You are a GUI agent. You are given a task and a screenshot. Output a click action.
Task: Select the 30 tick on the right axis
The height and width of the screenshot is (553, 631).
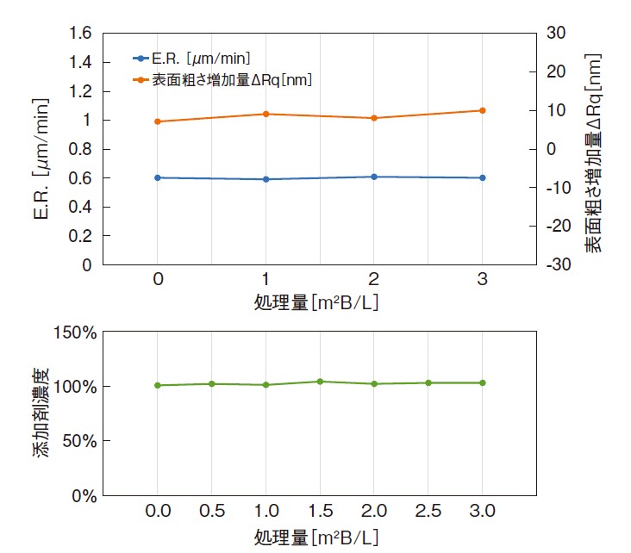pos(556,33)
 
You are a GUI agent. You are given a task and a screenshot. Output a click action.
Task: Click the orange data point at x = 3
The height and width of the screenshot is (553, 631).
pos(482,110)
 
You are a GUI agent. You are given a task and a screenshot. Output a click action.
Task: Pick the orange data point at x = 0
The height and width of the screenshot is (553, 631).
pos(158,121)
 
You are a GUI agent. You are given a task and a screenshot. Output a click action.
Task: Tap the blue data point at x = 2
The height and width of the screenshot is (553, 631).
pos(374,177)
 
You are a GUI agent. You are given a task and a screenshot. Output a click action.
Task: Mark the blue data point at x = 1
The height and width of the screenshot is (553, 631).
pos(266,179)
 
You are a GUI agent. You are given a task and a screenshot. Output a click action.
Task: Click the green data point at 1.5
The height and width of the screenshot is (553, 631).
pos(320,382)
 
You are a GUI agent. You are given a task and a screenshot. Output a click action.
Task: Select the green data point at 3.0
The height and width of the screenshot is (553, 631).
pos(482,382)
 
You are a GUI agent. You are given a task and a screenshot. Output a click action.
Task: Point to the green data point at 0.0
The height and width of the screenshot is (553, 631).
pos(158,385)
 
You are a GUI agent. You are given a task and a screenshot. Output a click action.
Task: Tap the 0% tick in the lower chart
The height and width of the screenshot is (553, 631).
pos(81,495)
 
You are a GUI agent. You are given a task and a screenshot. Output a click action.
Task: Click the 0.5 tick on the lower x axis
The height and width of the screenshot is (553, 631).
pos(211,512)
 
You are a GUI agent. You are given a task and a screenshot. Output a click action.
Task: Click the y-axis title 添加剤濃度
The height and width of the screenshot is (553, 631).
pos(41,413)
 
